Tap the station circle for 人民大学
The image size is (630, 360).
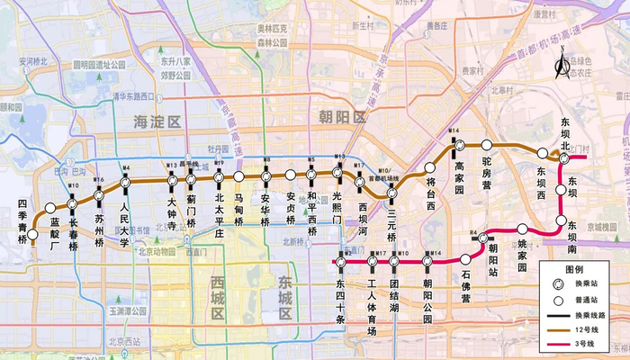pos(127,181)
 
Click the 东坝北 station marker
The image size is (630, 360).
pos(564,160)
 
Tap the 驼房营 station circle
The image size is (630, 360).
pos(487,145)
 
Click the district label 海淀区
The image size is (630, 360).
pos(157,121)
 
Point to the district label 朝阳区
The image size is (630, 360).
pos(343,118)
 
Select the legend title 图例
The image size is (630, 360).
pos(573,269)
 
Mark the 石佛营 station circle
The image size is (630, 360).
pos(465,258)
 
